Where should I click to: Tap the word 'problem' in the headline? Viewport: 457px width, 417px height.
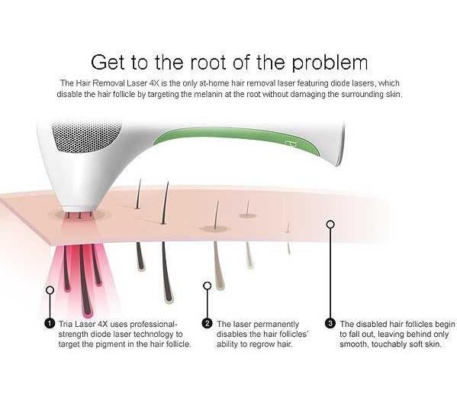330,63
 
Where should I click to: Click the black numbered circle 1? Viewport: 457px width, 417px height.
50,323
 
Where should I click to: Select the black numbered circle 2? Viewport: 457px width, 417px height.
208,323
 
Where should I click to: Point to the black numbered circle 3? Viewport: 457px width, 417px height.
330,323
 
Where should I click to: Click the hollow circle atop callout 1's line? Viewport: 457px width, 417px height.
50,290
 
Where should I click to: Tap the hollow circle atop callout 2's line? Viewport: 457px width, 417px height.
208,286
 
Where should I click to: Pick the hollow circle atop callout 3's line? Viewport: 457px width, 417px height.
330,225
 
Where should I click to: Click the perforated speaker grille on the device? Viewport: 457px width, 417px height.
88,137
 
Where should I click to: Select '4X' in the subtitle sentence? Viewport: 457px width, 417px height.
154,83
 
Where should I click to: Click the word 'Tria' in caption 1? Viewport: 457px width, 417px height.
66,324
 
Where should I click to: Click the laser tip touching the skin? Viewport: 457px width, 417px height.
79,208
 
